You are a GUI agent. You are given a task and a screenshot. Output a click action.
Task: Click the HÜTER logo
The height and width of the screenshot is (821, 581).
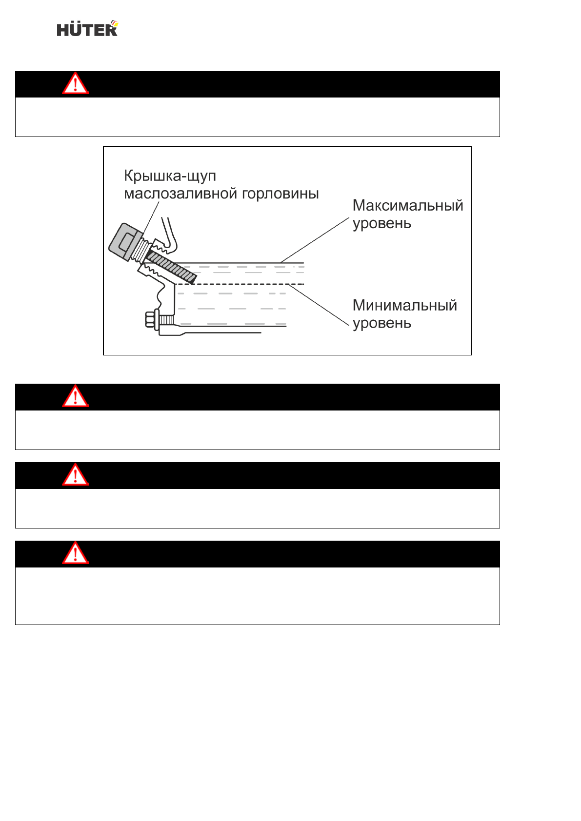(x=87, y=29)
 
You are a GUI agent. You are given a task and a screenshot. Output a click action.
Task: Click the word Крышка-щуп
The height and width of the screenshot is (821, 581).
(x=170, y=176)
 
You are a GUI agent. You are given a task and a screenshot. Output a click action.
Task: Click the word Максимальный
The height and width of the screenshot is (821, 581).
(x=408, y=206)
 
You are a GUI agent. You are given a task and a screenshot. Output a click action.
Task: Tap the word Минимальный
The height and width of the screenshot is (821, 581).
(x=405, y=306)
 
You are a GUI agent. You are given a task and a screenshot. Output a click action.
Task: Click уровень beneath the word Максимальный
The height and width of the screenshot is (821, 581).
(x=382, y=224)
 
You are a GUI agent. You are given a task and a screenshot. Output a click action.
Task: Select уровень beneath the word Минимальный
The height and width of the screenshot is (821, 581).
(x=382, y=323)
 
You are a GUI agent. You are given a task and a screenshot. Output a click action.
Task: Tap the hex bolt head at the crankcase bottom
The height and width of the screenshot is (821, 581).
(x=150, y=320)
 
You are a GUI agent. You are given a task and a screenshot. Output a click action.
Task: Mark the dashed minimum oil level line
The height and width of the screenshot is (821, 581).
(x=244, y=284)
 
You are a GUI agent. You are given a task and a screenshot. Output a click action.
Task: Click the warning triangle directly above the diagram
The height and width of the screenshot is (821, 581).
(x=75, y=84)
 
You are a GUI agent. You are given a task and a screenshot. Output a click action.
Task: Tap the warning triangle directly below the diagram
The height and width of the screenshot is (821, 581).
(x=75, y=396)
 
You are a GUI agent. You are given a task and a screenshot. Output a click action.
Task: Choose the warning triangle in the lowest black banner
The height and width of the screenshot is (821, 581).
(x=75, y=553)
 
